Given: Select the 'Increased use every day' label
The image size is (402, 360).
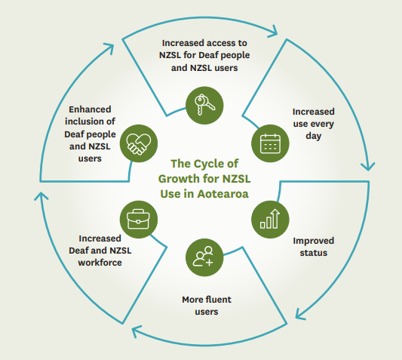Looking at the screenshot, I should tap(311, 124).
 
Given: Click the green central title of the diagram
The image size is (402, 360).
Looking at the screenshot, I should tap(203, 177).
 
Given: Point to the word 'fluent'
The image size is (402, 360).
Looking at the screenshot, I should tap(218, 299).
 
